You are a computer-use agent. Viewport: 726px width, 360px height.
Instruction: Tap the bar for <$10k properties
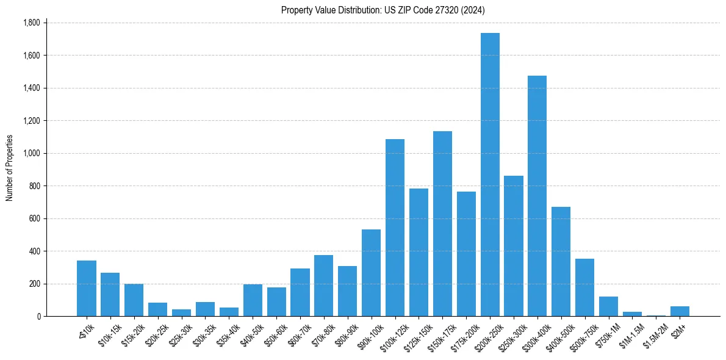click(87, 288)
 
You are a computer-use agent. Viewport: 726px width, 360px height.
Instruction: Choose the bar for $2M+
click(680, 311)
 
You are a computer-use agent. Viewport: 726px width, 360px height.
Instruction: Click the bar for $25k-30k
click(181, 312)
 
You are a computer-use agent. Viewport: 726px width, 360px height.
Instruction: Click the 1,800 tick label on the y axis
click(31, 23)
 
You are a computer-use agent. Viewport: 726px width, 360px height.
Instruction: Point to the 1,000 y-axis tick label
click(31, 153)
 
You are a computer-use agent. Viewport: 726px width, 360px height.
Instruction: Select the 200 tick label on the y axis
click(34, 284)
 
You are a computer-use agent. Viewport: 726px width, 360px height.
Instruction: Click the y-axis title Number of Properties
click(9, 168)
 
